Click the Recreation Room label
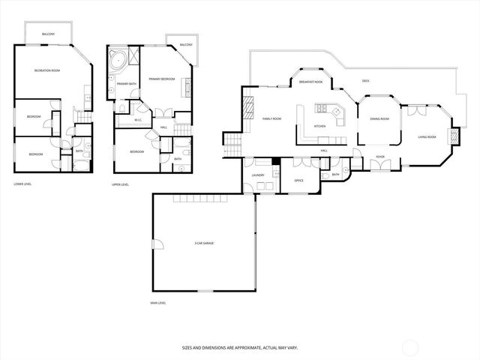tap(46, 70)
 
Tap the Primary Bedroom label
tap(161, 79)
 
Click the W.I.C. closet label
tap(138, 120)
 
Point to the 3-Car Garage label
tap(204, 243)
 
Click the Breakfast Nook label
tap(310, 82)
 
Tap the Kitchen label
tap(319, 126)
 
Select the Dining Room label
tap(379, 119)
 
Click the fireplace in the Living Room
tap(452, 136)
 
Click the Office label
tap(298, 181)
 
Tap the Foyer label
tap(380, 157)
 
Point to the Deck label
tap(365, 81)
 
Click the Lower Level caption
tap(22, 184)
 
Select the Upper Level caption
tap(120, 184)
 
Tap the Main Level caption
tap(157, 303)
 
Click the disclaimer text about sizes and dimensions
tap(240, 347)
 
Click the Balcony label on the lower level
tap(47, 34)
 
